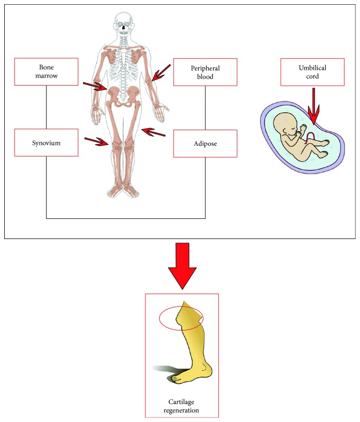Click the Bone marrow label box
[46, 72]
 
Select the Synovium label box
[46, 142]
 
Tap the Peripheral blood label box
[205, 72]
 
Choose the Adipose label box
[205, 143]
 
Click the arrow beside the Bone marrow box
[95, 86]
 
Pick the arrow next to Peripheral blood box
[161, 73]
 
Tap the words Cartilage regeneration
[181, 406]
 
